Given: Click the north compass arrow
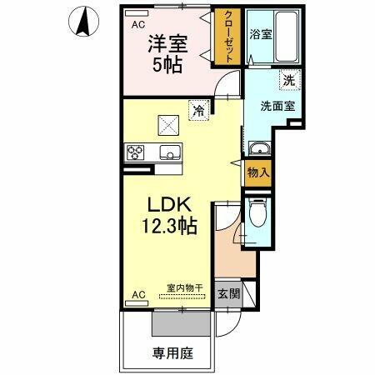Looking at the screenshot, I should (82, 22).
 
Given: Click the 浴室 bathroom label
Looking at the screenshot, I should (261, 34).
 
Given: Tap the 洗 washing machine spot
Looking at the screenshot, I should (287, 82).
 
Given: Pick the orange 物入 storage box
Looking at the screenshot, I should (258, 172).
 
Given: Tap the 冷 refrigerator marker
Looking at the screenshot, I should (198, 108).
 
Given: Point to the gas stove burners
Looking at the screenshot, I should (136, 152).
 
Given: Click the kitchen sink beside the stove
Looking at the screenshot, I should (169, 152).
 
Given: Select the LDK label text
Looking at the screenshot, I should (172, 205).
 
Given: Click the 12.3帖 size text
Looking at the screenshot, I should (172, 226).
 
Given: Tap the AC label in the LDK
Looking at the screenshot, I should (138, 295).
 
